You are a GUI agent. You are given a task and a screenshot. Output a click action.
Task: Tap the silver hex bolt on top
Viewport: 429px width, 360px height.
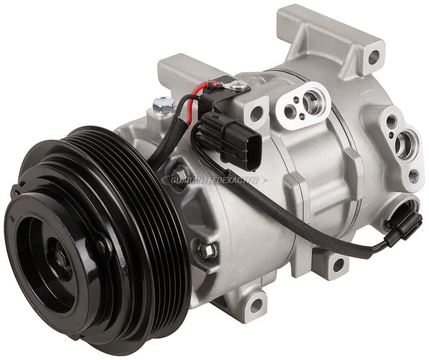163,103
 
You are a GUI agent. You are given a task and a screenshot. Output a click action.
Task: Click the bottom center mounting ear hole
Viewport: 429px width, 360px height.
257,303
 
